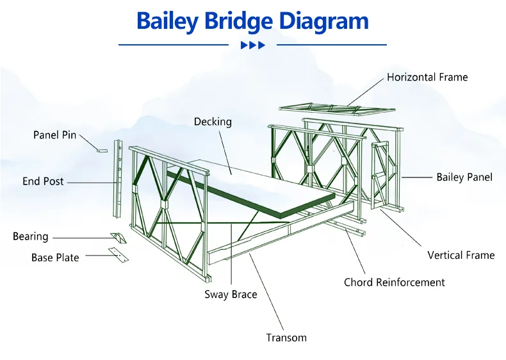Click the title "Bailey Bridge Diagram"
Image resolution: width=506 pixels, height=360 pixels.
click(252, 21)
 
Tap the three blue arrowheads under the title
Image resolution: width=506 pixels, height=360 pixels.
click(252, 45)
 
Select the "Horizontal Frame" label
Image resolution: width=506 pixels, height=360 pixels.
click(427, 78)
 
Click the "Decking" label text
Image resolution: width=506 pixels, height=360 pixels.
click(213, 122)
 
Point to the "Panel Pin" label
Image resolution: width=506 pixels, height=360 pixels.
click(54, 135)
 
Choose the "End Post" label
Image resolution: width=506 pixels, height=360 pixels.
click(43, 182)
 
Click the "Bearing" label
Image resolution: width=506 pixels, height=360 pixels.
click(30, 237)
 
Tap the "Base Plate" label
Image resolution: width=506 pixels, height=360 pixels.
click(55, 258)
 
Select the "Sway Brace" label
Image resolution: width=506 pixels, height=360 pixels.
click(231, 295)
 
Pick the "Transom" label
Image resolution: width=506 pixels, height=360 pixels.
click(286, 338)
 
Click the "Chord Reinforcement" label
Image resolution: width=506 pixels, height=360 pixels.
click(394, 282)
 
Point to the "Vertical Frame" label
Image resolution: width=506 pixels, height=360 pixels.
click(461, 256)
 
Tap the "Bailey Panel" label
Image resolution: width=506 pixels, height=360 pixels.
click(464, 177)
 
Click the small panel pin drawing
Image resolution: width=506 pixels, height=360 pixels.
click(102, 150)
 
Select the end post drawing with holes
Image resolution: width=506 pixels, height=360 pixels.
click(118, 179)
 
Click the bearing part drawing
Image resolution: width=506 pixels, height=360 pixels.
click(118, 238)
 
